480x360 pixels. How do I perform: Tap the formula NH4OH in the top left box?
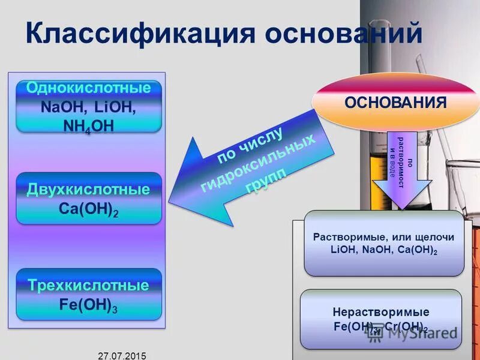pyautogui.click(x=88, y=125)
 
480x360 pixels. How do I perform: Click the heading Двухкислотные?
pyautogui.click(x=88, y=190)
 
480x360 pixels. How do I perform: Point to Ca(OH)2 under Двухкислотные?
pyautogui.click(x=89, y=210)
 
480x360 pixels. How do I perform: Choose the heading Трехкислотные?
pyautogui.click(x=88, y=285)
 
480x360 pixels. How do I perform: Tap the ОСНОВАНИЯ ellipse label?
pyautogui.click(x=395, y=101)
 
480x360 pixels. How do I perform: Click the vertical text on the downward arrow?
pyautogui.click(x=401, y=160)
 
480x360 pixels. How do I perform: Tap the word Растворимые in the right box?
pyautogui.click(x=344, y=237)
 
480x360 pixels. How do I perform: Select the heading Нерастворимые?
pyautogui.click(x=380, y=312)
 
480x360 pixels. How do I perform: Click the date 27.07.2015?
pyautogui.click(x=122, y=355)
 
